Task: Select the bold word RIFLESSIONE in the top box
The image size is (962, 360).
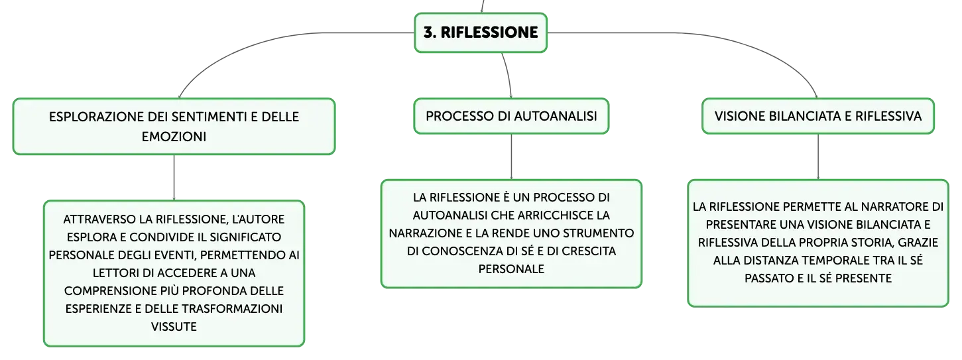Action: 489,32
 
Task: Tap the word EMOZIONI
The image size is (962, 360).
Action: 174,137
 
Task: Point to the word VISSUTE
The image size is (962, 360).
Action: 174,327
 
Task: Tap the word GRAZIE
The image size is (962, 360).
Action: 918,243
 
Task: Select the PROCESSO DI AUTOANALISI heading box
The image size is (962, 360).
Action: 511,116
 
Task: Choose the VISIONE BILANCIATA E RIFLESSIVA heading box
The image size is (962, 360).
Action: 817,116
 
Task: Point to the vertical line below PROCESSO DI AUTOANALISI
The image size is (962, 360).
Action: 511,157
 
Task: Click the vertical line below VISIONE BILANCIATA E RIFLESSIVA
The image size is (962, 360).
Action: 817,157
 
